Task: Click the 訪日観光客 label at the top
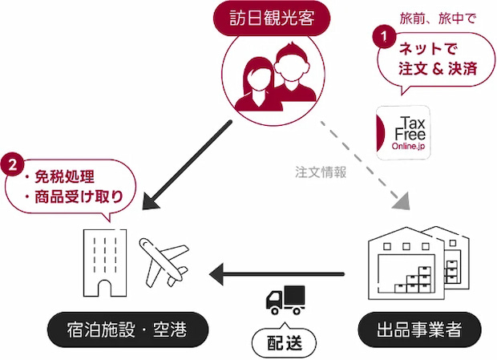[272, 18]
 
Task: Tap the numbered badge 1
[384, 36]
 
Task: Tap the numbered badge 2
[12, 165]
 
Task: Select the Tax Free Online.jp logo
[403, 133]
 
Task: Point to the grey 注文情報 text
[321, 172]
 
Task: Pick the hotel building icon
[105, 263]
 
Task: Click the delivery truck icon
[285, 300]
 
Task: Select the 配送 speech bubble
[284, 342]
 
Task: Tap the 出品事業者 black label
[419, 330]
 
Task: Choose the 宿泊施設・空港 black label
[127, 330]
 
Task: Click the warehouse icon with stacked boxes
[418, 263]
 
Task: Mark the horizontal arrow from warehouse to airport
[277, 274]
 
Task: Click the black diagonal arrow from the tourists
[187, 165]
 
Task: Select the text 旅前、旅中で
[438, 19]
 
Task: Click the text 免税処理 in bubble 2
[64, 177]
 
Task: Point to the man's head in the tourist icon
[291, 62]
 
